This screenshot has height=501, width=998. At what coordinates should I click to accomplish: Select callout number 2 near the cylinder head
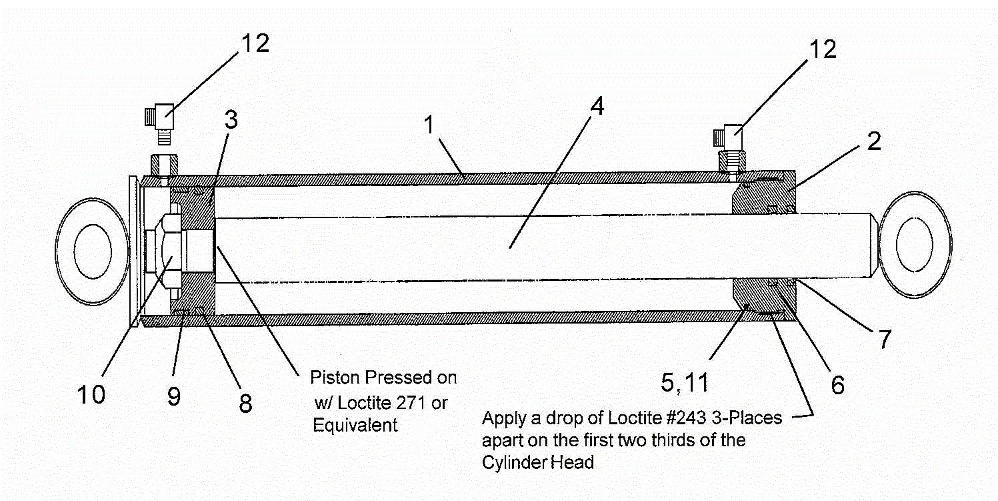pos(873,142)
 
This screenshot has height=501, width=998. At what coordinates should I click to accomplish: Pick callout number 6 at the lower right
pos(837,384)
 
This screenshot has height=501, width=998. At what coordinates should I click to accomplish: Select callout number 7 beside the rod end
pos(883,340)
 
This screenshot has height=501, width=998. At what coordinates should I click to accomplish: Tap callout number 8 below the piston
pos(245,402)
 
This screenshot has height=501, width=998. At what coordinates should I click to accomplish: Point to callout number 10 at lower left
pos(90,394)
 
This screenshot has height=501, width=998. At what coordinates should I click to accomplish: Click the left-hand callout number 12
pos(255,44)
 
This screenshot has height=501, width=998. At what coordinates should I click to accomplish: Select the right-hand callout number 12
pos(821,49)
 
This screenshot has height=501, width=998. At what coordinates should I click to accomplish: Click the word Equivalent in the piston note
pos(355,425)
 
